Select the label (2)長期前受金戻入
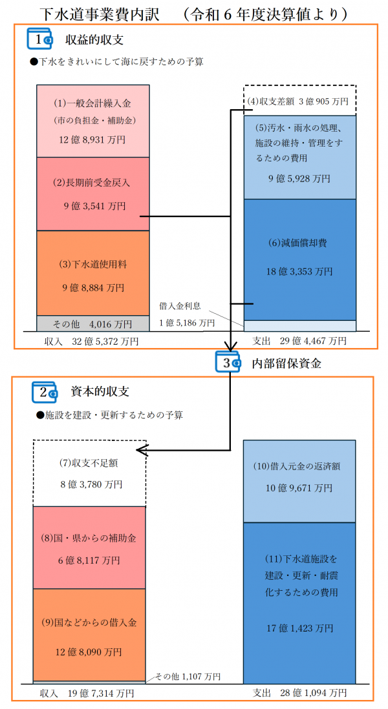coord(92,183)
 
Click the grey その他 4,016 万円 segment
coord(93,323)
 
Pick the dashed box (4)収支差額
coord(299,101)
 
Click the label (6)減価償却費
coord(299,243)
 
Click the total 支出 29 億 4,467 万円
coord(299,340)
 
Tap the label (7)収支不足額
coord(89,462)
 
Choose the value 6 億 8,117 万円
coord(89,560)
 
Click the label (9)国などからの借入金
coord(89,623)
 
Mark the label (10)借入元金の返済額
coord(299,466)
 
